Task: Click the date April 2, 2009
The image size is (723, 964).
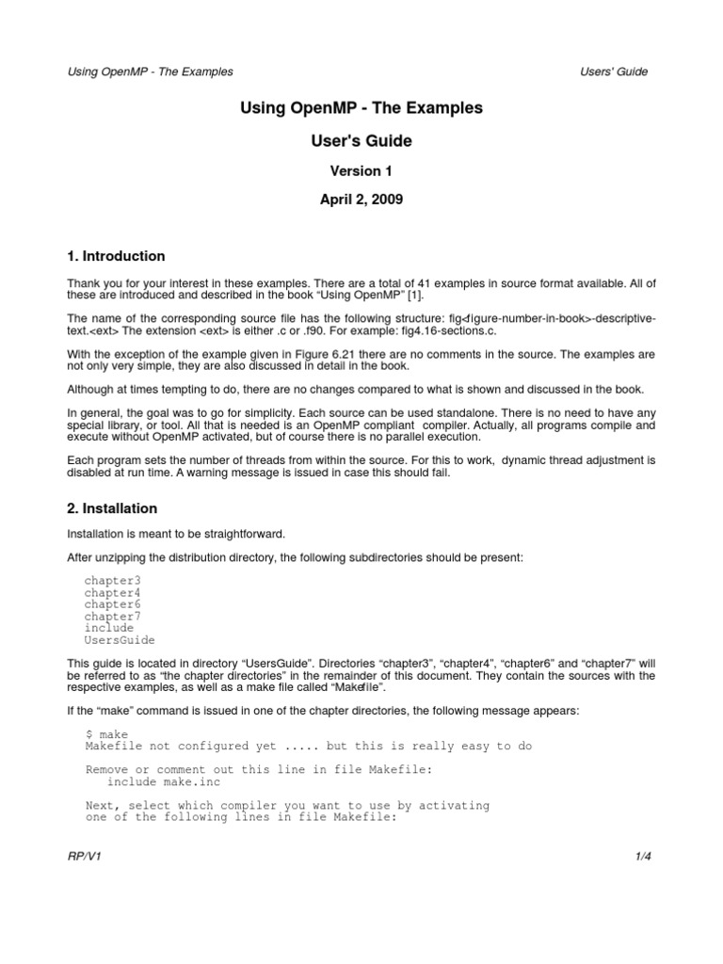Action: click(361, 201)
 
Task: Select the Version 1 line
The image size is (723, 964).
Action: click(361, 171)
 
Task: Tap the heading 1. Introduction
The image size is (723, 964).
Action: click(116, 256)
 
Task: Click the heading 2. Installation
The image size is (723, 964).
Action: click(112, 508)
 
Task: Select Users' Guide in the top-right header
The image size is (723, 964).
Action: click(614, 72)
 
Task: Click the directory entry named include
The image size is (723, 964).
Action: click(109, 628)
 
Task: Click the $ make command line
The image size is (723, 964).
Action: click(106, 734)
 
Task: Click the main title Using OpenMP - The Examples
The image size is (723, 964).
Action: click(361, 109)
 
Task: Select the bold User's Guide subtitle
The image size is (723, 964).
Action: click(361, 142)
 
